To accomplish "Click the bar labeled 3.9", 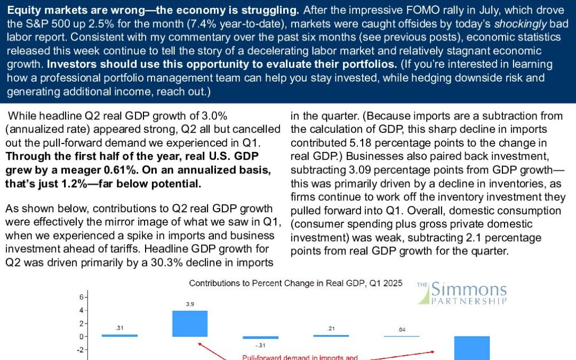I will point(190,323).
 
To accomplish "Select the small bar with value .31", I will point(119,335).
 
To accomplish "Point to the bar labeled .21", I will point(331,335).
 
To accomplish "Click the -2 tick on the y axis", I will point(80,350).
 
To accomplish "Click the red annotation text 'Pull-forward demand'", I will point(277,357).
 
